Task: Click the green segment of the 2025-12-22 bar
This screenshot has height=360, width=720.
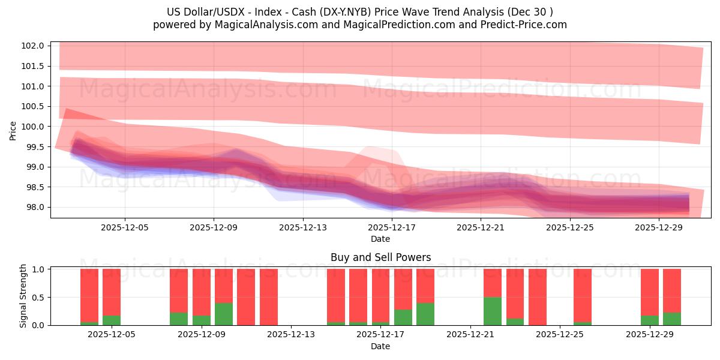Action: pos(493,311)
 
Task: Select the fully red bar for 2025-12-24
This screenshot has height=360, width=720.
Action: pos(538,297)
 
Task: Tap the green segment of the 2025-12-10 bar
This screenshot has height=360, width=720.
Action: pos(224,314)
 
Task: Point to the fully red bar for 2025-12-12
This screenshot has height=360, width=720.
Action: pos(269,297)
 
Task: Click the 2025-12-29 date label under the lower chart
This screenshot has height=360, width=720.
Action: pos(649,335)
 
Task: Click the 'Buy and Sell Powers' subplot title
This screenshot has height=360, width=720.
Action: pos(380,257)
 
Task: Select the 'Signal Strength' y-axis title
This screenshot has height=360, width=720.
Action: pos(23,296)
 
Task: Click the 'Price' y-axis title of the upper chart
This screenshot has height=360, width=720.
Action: pos(13,130)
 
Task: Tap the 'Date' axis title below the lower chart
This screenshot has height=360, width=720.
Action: pos(380,346)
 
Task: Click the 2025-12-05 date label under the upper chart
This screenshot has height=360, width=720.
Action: pos(125,227)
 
